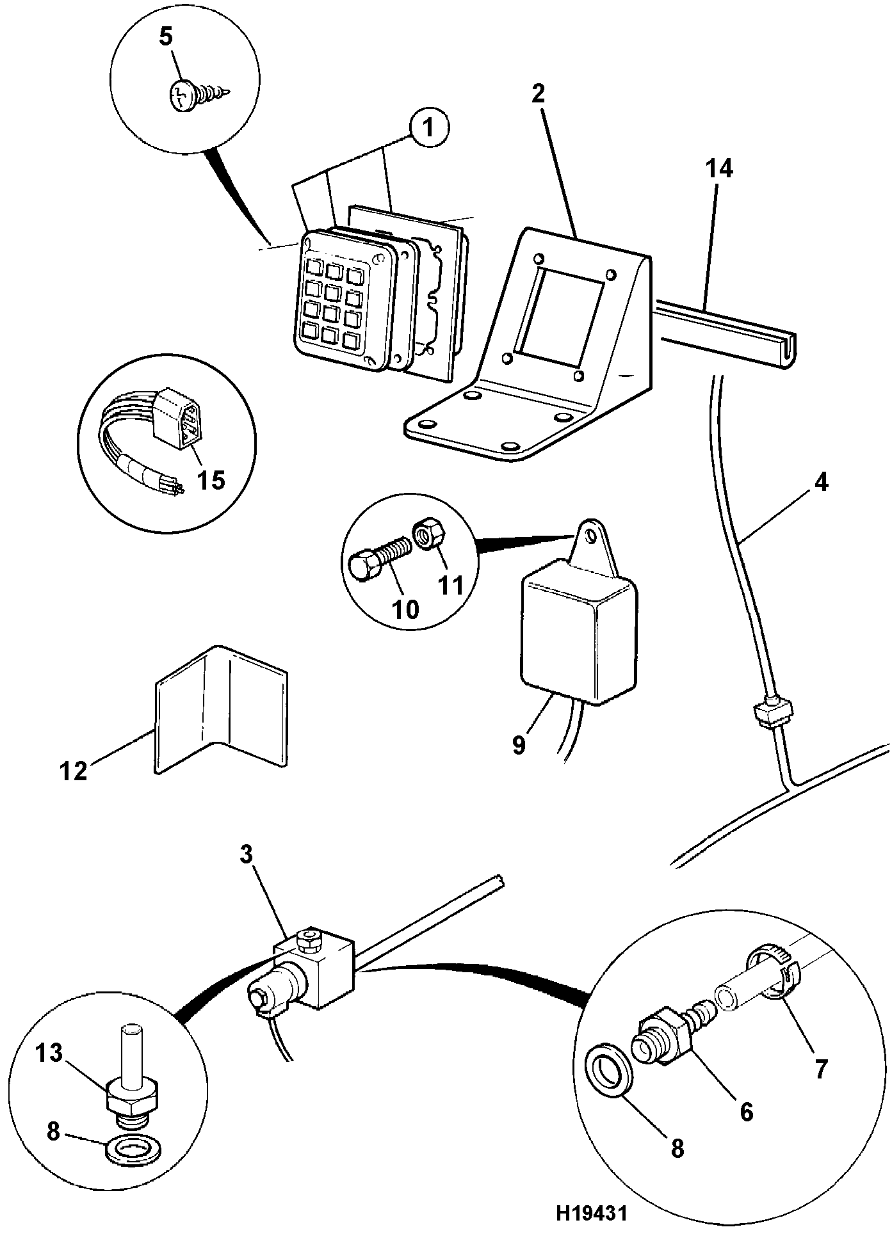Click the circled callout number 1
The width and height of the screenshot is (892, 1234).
tap(430, 129)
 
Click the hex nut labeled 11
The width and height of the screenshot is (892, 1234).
tap(425, 534)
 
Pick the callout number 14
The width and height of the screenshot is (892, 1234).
tap(719, 169)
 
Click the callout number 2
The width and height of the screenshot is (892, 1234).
tap(538, 94)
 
